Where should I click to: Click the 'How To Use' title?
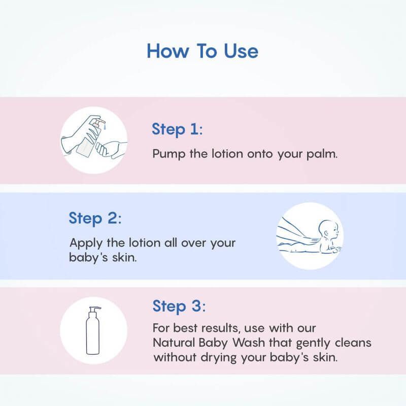pyautogui.click(x=202, y=51)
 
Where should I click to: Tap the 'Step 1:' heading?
pyautogui.click(x=177, y=129)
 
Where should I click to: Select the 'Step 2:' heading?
pyautogui.click(x=95, y=218)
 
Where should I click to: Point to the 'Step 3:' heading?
pyautogui.click(x=179, y=306)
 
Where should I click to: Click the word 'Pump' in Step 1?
pyautogui.click(x=169, y=154)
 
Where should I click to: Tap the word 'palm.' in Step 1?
pyautogui.click(x=322, y=154)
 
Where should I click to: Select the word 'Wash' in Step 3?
pyautogui.click(x=249, y=343)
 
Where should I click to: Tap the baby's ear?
pyautogui.click(x=326, y=233)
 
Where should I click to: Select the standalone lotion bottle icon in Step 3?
pyautogui.click(x=93, y=330)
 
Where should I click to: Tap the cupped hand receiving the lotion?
pyautogui.click(x=111, y=150)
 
